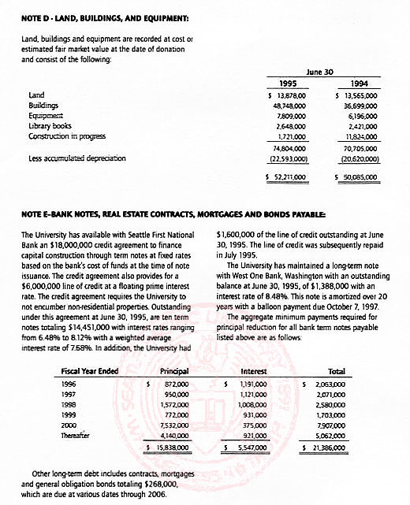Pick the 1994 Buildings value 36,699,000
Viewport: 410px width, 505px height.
(363, 105)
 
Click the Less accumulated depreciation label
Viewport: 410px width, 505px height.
(76, 158)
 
